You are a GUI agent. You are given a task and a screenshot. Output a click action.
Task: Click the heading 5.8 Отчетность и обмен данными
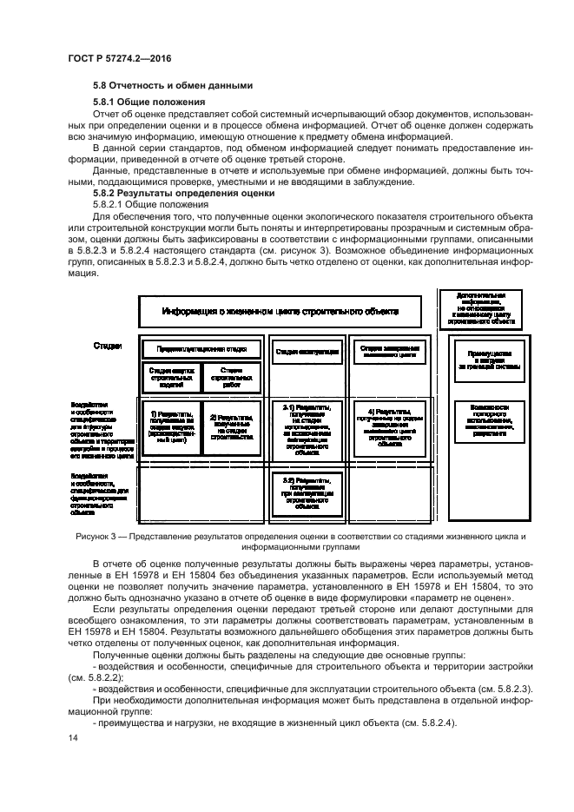click(x=173, y=85)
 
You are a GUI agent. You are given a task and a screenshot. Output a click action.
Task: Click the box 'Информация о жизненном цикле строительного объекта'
click(x=280, y=311)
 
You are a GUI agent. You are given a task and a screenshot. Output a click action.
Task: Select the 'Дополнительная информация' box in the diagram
click(x=479, y=309)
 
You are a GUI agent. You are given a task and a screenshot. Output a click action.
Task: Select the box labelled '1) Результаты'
click(x=171, y=426)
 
